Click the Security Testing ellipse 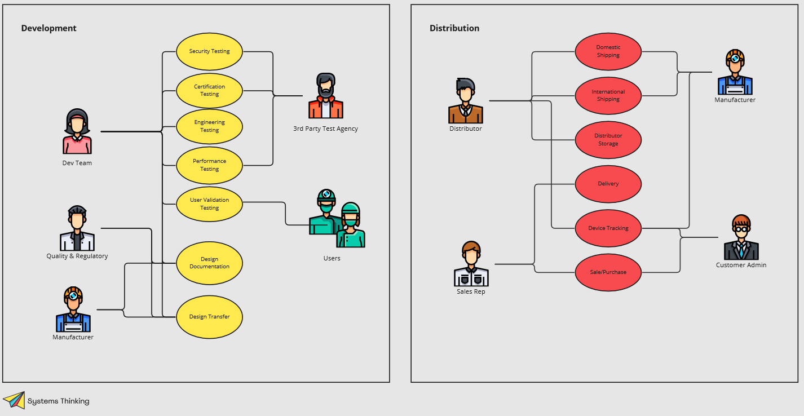(x=209, y=51)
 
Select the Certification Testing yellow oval (x=209, y=90)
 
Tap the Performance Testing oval (x=209, y=165)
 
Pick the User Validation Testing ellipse (x=209, y=204)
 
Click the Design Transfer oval (x=209, y=317)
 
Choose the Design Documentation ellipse (x=209, y=263)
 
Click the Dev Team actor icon (x=77, y=132)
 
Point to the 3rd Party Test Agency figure (x=325, y=96)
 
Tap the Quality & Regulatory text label (x=77, y=256)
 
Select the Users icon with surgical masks (x=337, y=220)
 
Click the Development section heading (x=48, y=28)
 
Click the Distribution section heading (x=454, y=28)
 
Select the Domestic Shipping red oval (x=608, y=51)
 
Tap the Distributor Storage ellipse (x=608, y=140)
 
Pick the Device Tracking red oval (x=608, y=228)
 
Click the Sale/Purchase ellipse (x=608, y=272)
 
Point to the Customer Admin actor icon (x=741, y=237)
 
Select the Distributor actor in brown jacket (x=465, y=101)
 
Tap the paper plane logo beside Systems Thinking (x=14, y=400)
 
